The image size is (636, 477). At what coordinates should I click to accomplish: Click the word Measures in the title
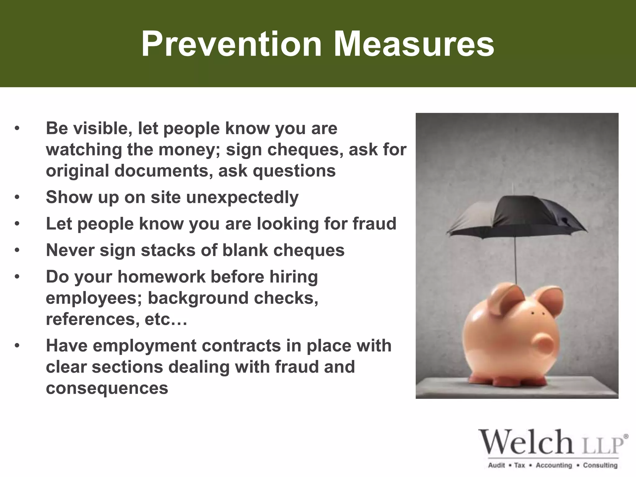(x=414, y=44)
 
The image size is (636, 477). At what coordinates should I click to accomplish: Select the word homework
(x=161, y=277)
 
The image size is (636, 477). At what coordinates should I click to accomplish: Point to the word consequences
(x=107, y=388)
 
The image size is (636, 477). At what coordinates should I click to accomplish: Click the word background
(x=198, y=298)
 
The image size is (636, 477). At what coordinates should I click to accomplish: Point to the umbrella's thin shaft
(x=515, y=261)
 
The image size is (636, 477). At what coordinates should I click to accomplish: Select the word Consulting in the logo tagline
(x=600, y=465)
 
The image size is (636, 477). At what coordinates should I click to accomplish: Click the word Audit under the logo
(x=497, y=465)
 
